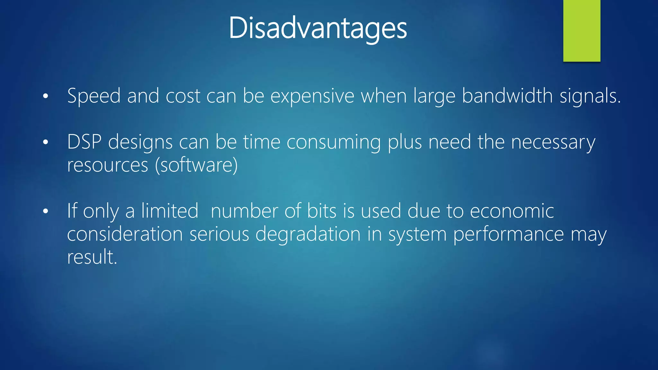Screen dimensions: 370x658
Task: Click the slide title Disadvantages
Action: (x=318, y=28)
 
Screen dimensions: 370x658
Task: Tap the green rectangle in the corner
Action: (x=582, y=31)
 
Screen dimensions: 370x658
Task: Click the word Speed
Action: (x=94, y=96)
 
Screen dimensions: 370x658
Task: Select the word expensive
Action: (x=312, y=96)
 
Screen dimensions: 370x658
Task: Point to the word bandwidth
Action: (x=507, y=96)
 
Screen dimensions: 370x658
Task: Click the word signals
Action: (x=590, y=96)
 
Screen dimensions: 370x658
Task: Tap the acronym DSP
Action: (x=84, y=142)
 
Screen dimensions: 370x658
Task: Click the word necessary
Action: (x=553, y=142)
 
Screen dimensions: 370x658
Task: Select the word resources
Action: (x=108, y=165)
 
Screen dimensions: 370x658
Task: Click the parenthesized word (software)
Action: (x=196, y=165)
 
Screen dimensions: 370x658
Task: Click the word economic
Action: (x=512, y=211)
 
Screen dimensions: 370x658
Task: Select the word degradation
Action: (x=308, y=234)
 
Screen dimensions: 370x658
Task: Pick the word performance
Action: (x=509, y=234)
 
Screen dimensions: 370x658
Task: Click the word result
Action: (x=92, y=257)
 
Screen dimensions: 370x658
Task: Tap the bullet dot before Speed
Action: (x=46, y=96)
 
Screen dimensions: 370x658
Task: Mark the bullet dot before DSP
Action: (x=46, y=142)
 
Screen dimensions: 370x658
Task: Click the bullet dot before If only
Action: (x=46, y=211)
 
